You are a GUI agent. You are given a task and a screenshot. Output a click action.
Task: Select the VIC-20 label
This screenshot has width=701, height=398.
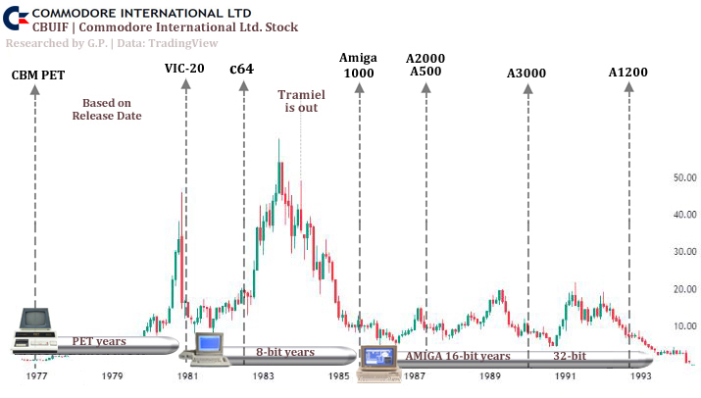click(x=185, y=69)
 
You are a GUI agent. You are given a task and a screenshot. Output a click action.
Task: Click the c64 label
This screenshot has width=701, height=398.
click(x=243, y=70)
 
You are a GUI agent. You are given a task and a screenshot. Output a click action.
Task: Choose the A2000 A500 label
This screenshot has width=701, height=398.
click(x=426, y=65)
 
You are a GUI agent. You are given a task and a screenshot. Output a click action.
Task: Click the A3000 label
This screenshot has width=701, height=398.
click(x=526, y=74)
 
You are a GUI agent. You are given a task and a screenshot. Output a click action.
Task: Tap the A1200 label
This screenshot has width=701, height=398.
click(x=627, y=72)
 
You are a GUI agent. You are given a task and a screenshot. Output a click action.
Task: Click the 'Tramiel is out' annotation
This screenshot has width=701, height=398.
click(x=301, y=100)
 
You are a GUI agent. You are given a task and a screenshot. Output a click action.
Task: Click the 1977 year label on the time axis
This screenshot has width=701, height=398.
click(x=37, y=375)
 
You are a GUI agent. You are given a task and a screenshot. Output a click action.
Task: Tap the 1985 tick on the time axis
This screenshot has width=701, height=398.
click(x=338, y=375)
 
